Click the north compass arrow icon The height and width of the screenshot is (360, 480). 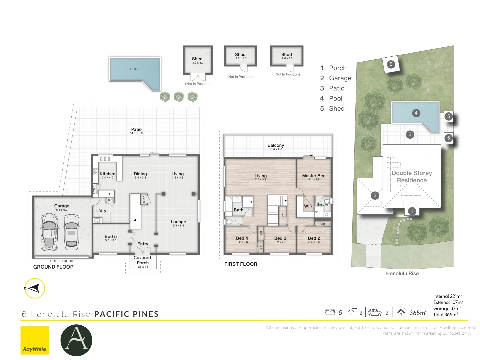tap(34, 288)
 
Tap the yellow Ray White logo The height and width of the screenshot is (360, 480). tap(35, 340)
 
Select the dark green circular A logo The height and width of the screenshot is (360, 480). tap(76, 340)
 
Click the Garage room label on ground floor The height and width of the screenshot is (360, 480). tap(62, 206)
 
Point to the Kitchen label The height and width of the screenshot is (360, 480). tap(107, 174)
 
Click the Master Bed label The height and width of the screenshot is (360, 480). tap(314, 176)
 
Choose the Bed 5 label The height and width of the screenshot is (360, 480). tap(111, 236)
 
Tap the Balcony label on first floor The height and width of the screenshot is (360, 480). tap(276, 145)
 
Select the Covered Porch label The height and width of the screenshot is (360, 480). tap(142, 260)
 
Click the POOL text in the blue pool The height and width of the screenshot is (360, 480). tap(135, 69)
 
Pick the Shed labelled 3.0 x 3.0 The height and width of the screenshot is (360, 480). tap(197, 60)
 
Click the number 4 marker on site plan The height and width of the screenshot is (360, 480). tap(416, 113)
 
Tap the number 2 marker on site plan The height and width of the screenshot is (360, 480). tap(375, 195)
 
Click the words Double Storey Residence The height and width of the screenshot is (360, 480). tap(412, 177)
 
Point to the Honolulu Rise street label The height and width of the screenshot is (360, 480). tap(402, 273)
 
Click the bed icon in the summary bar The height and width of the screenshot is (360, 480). tap(330, 312)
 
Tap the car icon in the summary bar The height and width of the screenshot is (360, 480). tap(375, 312)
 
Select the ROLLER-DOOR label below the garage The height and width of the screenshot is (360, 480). tap(62, 261)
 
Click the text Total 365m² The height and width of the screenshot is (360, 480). tap(446, 314)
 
